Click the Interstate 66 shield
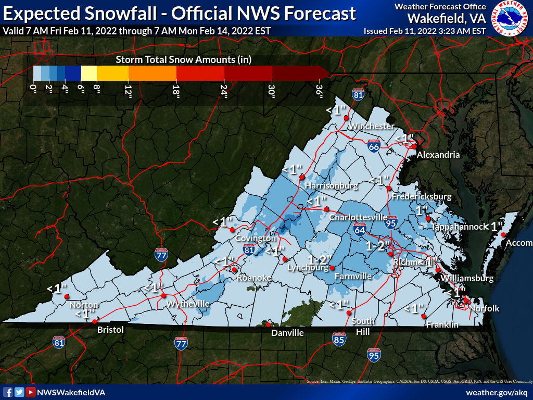pos(373,146)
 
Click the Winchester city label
pos(371,127)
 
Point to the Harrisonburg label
pos(331,185)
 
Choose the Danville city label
pos(287,333)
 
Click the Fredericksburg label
pos(421,196)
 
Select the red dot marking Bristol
pos(94,322)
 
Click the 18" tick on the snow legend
pos(176,92)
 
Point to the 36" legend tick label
pos(319,92)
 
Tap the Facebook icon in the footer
pos(8,392)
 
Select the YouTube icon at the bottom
pos(31,392)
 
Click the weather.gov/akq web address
pos(497,392)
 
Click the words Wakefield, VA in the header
pos(446,18)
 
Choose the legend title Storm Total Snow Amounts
pos(183,59)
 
